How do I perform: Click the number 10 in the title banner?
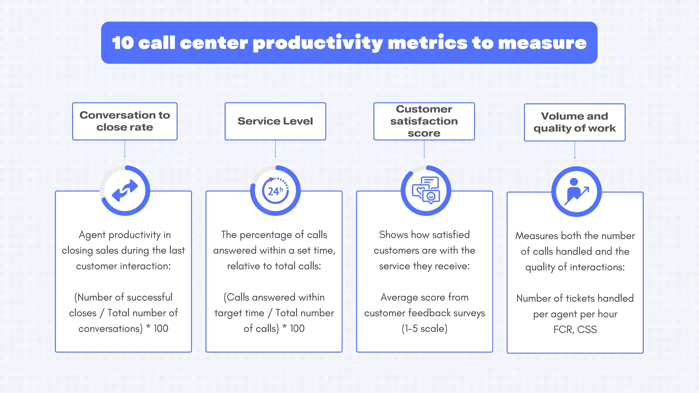(123, 43)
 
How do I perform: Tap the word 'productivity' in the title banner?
(317, 44)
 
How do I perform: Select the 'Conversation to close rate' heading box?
(125, 121)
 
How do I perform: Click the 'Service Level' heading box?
(275, 121)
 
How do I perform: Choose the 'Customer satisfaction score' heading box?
(424, 121)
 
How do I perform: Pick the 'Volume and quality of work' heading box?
(574, 122)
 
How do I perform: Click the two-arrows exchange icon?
(125, 191)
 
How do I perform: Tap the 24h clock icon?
(275, 191)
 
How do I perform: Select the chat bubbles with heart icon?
(426, 191)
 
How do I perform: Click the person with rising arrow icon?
(576, 192)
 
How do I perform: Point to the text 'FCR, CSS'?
(575, 330)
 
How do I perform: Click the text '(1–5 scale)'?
(424, 329)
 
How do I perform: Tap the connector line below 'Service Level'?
(275, 149)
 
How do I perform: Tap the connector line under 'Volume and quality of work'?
(575, 150)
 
